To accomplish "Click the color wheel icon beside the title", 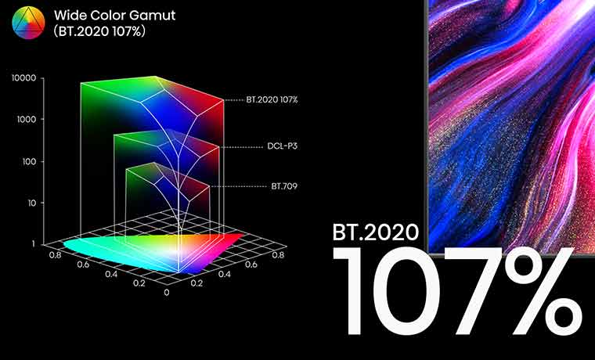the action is (28, 23).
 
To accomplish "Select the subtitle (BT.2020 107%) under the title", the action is (99, 31).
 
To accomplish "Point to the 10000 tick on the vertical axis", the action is (24, 78).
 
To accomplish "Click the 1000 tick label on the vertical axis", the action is (27, 120).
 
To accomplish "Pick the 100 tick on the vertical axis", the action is (29, 161).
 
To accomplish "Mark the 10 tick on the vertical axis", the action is (31, 203).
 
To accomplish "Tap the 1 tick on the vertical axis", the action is (34, 244).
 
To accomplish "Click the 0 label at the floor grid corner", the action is (167, 292).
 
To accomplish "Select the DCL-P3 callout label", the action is (282, 146).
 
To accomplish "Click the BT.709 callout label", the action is (284, 186).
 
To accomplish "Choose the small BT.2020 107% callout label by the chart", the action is (272, 99).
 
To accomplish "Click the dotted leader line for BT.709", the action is (238, 186).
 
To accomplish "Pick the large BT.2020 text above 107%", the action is (375, 232).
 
